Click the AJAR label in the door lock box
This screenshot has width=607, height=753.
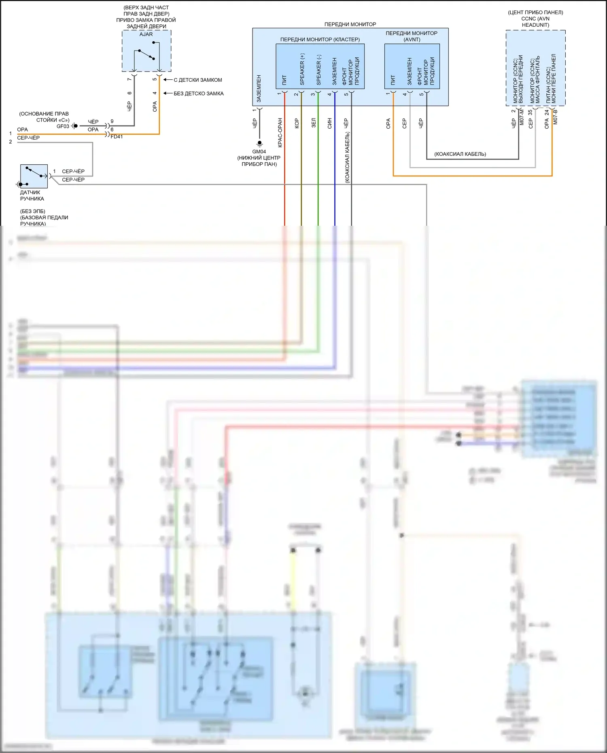click(x=146, y=34)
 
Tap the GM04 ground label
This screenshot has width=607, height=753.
click(x=259, y=152)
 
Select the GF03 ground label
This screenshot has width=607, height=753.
click(x=63, y=126)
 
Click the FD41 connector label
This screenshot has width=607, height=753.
click(x=117, y=137)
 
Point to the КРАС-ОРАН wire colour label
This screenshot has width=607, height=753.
click(x=280, y=133)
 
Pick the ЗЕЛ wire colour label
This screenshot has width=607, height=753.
click(x=314, y=123)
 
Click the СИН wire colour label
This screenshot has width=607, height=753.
click(x=330, y=123)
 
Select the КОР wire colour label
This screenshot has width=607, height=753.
click(x=297, y=123)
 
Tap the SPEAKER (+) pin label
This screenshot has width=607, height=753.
click(x=302, y=69)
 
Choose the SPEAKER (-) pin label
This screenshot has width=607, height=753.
click(x=319, y=70)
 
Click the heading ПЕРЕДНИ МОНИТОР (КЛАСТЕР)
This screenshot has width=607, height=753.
click(x=320, y=40)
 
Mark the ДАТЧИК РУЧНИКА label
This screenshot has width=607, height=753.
click(x=32, y=195)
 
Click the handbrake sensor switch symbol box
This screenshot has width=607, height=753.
click(x=34, y=176)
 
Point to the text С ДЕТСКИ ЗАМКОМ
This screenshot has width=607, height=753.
click(x=197, y=80)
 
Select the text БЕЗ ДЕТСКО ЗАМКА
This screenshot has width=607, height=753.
click(x=198, y=93)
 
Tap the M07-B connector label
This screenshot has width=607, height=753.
click(x=555, y=117)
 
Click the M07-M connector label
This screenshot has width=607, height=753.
click(x=522, y=117)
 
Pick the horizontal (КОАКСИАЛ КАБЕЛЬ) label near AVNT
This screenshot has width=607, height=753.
click(x=460, y=154)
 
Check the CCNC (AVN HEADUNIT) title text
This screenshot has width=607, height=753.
click(x=535, y=22)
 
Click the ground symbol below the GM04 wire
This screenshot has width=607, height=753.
click(x=260, y=144)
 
